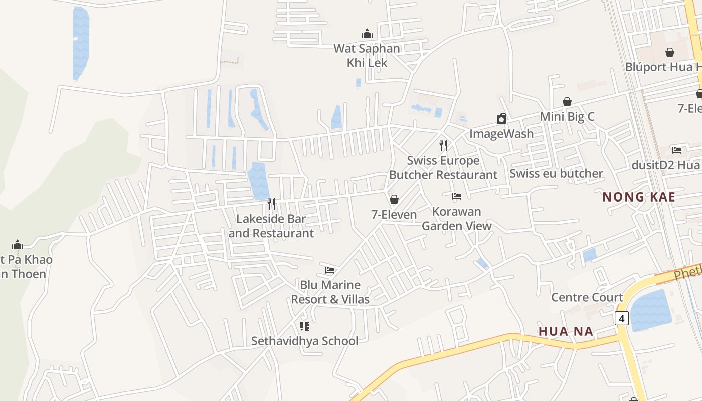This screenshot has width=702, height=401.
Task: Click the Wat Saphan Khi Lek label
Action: (x=367, y=56)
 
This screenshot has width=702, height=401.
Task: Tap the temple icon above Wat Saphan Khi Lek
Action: (x=367, y=34)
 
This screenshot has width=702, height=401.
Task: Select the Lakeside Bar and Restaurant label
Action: (x=271, y=226)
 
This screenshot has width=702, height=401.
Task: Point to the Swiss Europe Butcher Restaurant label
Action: (x=443, y=168)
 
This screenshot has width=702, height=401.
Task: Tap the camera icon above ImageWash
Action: (x=501, y=119)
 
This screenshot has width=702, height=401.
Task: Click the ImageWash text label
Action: (x=501, y=134)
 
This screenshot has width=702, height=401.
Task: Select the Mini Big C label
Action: (x=567, y=117)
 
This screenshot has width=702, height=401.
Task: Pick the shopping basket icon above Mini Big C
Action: (x=567, y=102)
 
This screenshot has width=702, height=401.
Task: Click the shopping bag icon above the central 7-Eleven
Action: (x=394, y=199)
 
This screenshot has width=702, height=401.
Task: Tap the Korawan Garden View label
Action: (x=457, y=219)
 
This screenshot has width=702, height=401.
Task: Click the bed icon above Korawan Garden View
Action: (x=457, y=196)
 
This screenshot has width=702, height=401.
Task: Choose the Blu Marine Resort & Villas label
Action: (x=330, y=292)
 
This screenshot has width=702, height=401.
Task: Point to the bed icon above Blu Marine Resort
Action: (x=330, y=270)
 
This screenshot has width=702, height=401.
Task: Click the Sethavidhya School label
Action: (x=305, y=341)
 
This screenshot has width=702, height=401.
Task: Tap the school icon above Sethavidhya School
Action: (x=305, y=326)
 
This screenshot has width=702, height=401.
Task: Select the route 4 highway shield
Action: (x=622, y=318)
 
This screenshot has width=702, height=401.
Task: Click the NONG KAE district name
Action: (x=639, y=197)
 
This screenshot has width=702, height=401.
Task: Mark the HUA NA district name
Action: (x=566, y=331)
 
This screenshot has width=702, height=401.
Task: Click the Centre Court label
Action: (x=587, y=297)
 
